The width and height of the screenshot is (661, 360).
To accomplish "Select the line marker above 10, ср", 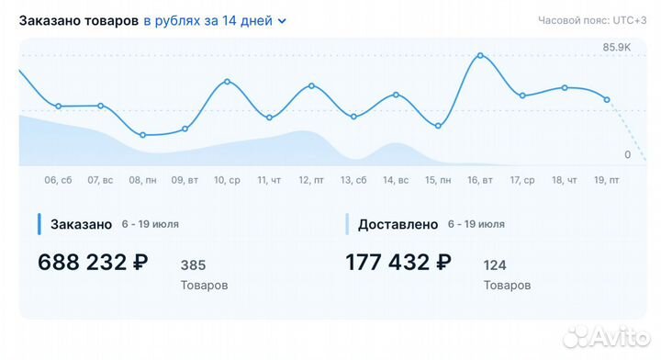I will pyautogui.click(x=227, y=82).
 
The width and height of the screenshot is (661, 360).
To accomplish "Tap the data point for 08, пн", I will pyautogui.click(x=142, y=135).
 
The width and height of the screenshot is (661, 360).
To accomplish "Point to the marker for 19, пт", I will pyautogui.click(x=607, y=99).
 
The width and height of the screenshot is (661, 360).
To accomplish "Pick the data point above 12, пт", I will pyautogui.click(x=311, y=85).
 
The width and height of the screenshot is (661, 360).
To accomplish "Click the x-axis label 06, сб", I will pyautogui.click(x=58, y=180).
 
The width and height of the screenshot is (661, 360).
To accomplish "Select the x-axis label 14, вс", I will pyautogui.click(x=396, y=180).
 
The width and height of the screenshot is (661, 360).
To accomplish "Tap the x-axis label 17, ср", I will pyautogui.click(x=522, y=180).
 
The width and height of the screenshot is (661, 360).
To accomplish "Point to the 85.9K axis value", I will pyautogui.click(x=616, y=47).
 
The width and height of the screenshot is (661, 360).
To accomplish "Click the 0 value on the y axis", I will pyautogui.click(x=627, y=154).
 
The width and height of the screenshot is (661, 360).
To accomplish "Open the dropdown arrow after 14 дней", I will pyautogui.click(x=282, y=21).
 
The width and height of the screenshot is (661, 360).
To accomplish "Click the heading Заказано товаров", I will pyautogui.click(x=79, y=20).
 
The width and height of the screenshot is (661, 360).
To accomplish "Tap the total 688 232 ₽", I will pyautogui.click(x=93, y=263).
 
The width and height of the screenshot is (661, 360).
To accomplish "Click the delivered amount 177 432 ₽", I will pyautogui.click(x=398, y=263).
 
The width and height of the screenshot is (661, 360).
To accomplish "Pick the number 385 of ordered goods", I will pyautogui.click(x=193, y=265).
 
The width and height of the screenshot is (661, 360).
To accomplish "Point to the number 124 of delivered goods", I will pyautogui.click(x=495, y=265).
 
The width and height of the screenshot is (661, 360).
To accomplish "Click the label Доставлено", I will pyautogui.click(x=397, y=224).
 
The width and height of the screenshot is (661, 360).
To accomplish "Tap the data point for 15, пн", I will pyautogui.click(x=438, y=126).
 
